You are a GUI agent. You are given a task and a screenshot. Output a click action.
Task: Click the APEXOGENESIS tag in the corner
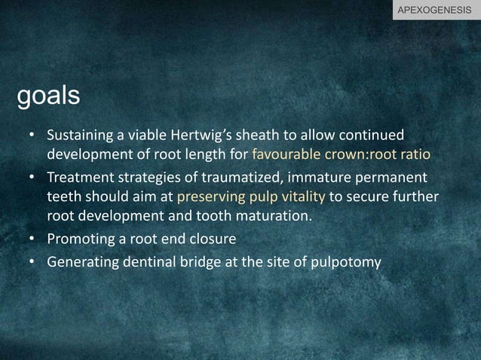[437, 10]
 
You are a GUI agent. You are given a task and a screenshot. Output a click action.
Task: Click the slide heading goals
[48, 96]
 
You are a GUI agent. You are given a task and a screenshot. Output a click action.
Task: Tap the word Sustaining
[78, 136]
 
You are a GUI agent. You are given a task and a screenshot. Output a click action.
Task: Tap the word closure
[213, 239]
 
